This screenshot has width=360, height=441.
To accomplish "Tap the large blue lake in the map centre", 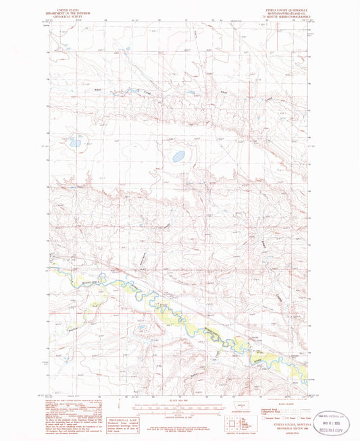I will tap(179, 156).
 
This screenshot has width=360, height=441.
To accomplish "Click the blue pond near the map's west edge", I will tap(75, 142).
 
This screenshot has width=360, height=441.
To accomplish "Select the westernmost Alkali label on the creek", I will tap(99, 89).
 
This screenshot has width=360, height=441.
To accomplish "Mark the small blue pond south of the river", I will tap(143, 327).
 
